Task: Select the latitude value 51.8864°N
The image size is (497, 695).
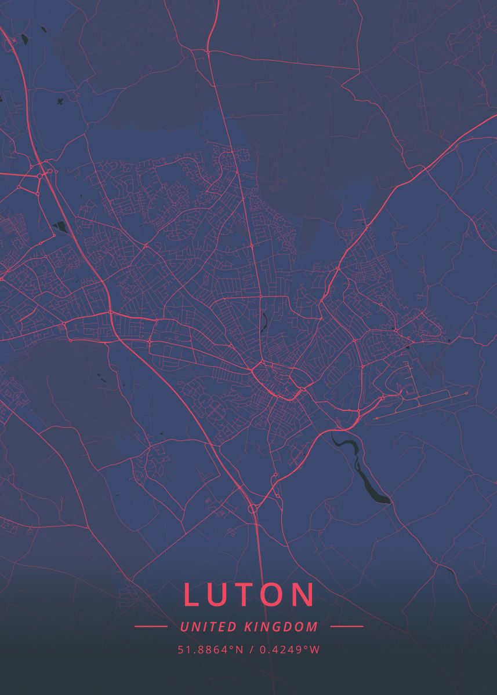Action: (211, 650)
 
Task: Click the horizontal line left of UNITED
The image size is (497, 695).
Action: (151, 626)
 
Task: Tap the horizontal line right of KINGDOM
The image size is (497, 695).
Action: (346, 626)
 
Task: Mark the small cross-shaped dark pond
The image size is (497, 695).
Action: (60, 103)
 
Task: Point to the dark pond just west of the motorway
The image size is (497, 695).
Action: (59, 226)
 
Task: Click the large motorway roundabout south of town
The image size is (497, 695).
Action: (253, 509)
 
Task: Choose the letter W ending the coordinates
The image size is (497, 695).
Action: (315, 650)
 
